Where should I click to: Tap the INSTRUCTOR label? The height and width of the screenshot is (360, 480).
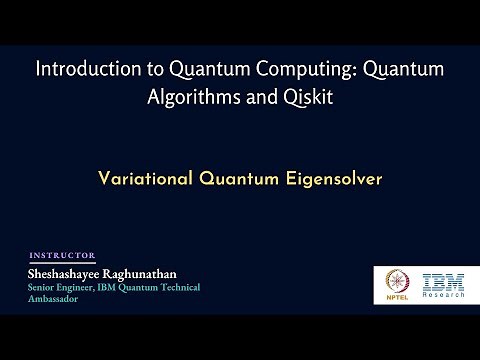tap(63, 255)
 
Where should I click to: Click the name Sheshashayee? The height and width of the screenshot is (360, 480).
tap(69, 272)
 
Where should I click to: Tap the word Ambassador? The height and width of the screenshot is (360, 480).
tap(55, 299)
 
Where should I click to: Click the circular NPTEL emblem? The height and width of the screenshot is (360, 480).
tap(391, 280)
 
